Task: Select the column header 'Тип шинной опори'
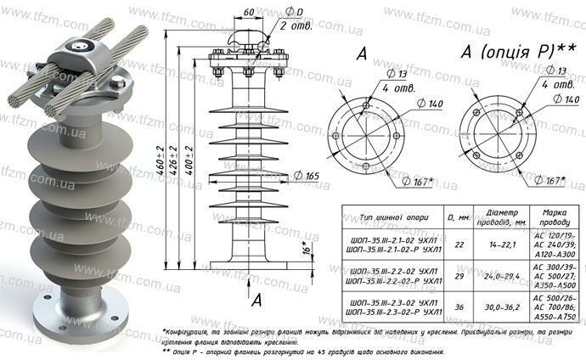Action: (x=390, y=217)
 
